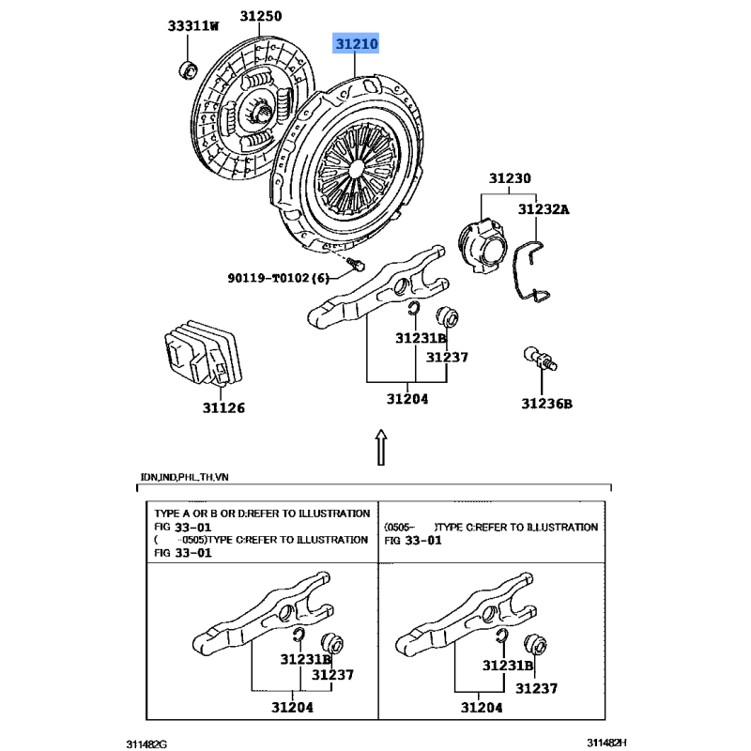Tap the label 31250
(x=260, y=17)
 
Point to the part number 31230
(x=509, y=178)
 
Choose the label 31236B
(x=547, y=404)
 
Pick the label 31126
(x=223, y=407)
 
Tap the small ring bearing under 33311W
(x=188, y=69)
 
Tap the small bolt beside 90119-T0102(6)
(x=356, y=265)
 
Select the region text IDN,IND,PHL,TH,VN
(x=183, y=478)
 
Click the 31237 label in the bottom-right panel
(x=536, y=688)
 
